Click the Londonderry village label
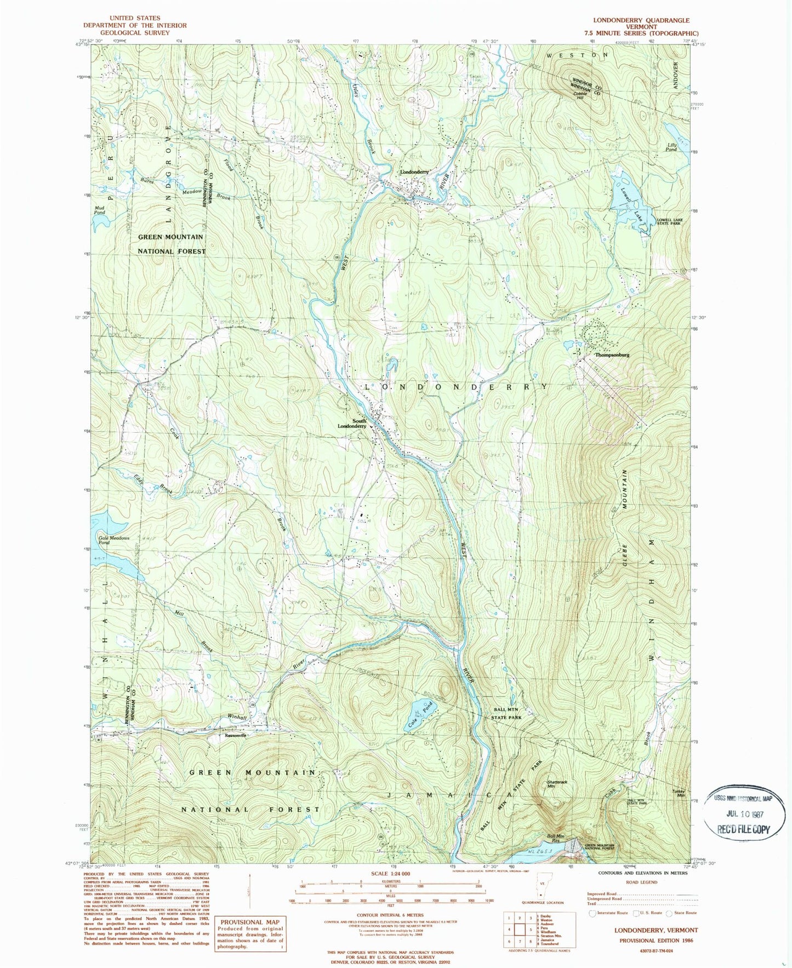[x=414, y=171]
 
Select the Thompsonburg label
[x=612, y=355]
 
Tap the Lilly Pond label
[x=671, y=147]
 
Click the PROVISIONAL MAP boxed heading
[x=249, y=922]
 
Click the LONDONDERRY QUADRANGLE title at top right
[x=639, y=20]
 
